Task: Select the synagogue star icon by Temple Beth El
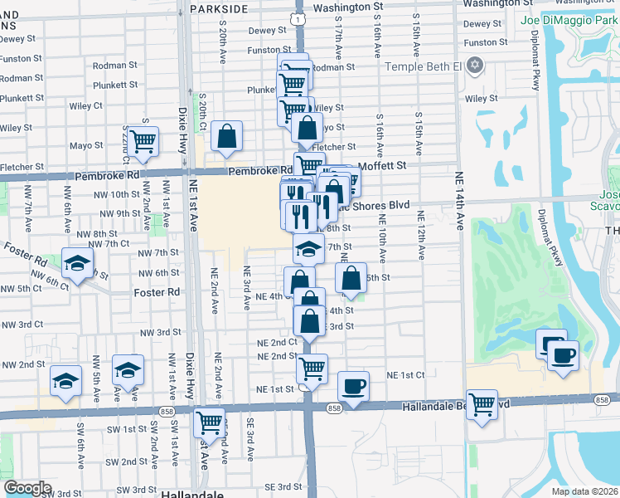point(475,65)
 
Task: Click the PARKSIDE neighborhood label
point(219,8)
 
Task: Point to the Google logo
point(27,488)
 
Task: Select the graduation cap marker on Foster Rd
point(77,263)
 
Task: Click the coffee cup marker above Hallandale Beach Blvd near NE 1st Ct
point(354,386)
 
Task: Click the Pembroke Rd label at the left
point(107,176)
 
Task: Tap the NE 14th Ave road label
point(457,200)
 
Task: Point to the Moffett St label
point(382,165)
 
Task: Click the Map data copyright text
point(584,491)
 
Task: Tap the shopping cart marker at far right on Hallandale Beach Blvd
point(482,404)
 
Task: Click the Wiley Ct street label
point(86,105)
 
